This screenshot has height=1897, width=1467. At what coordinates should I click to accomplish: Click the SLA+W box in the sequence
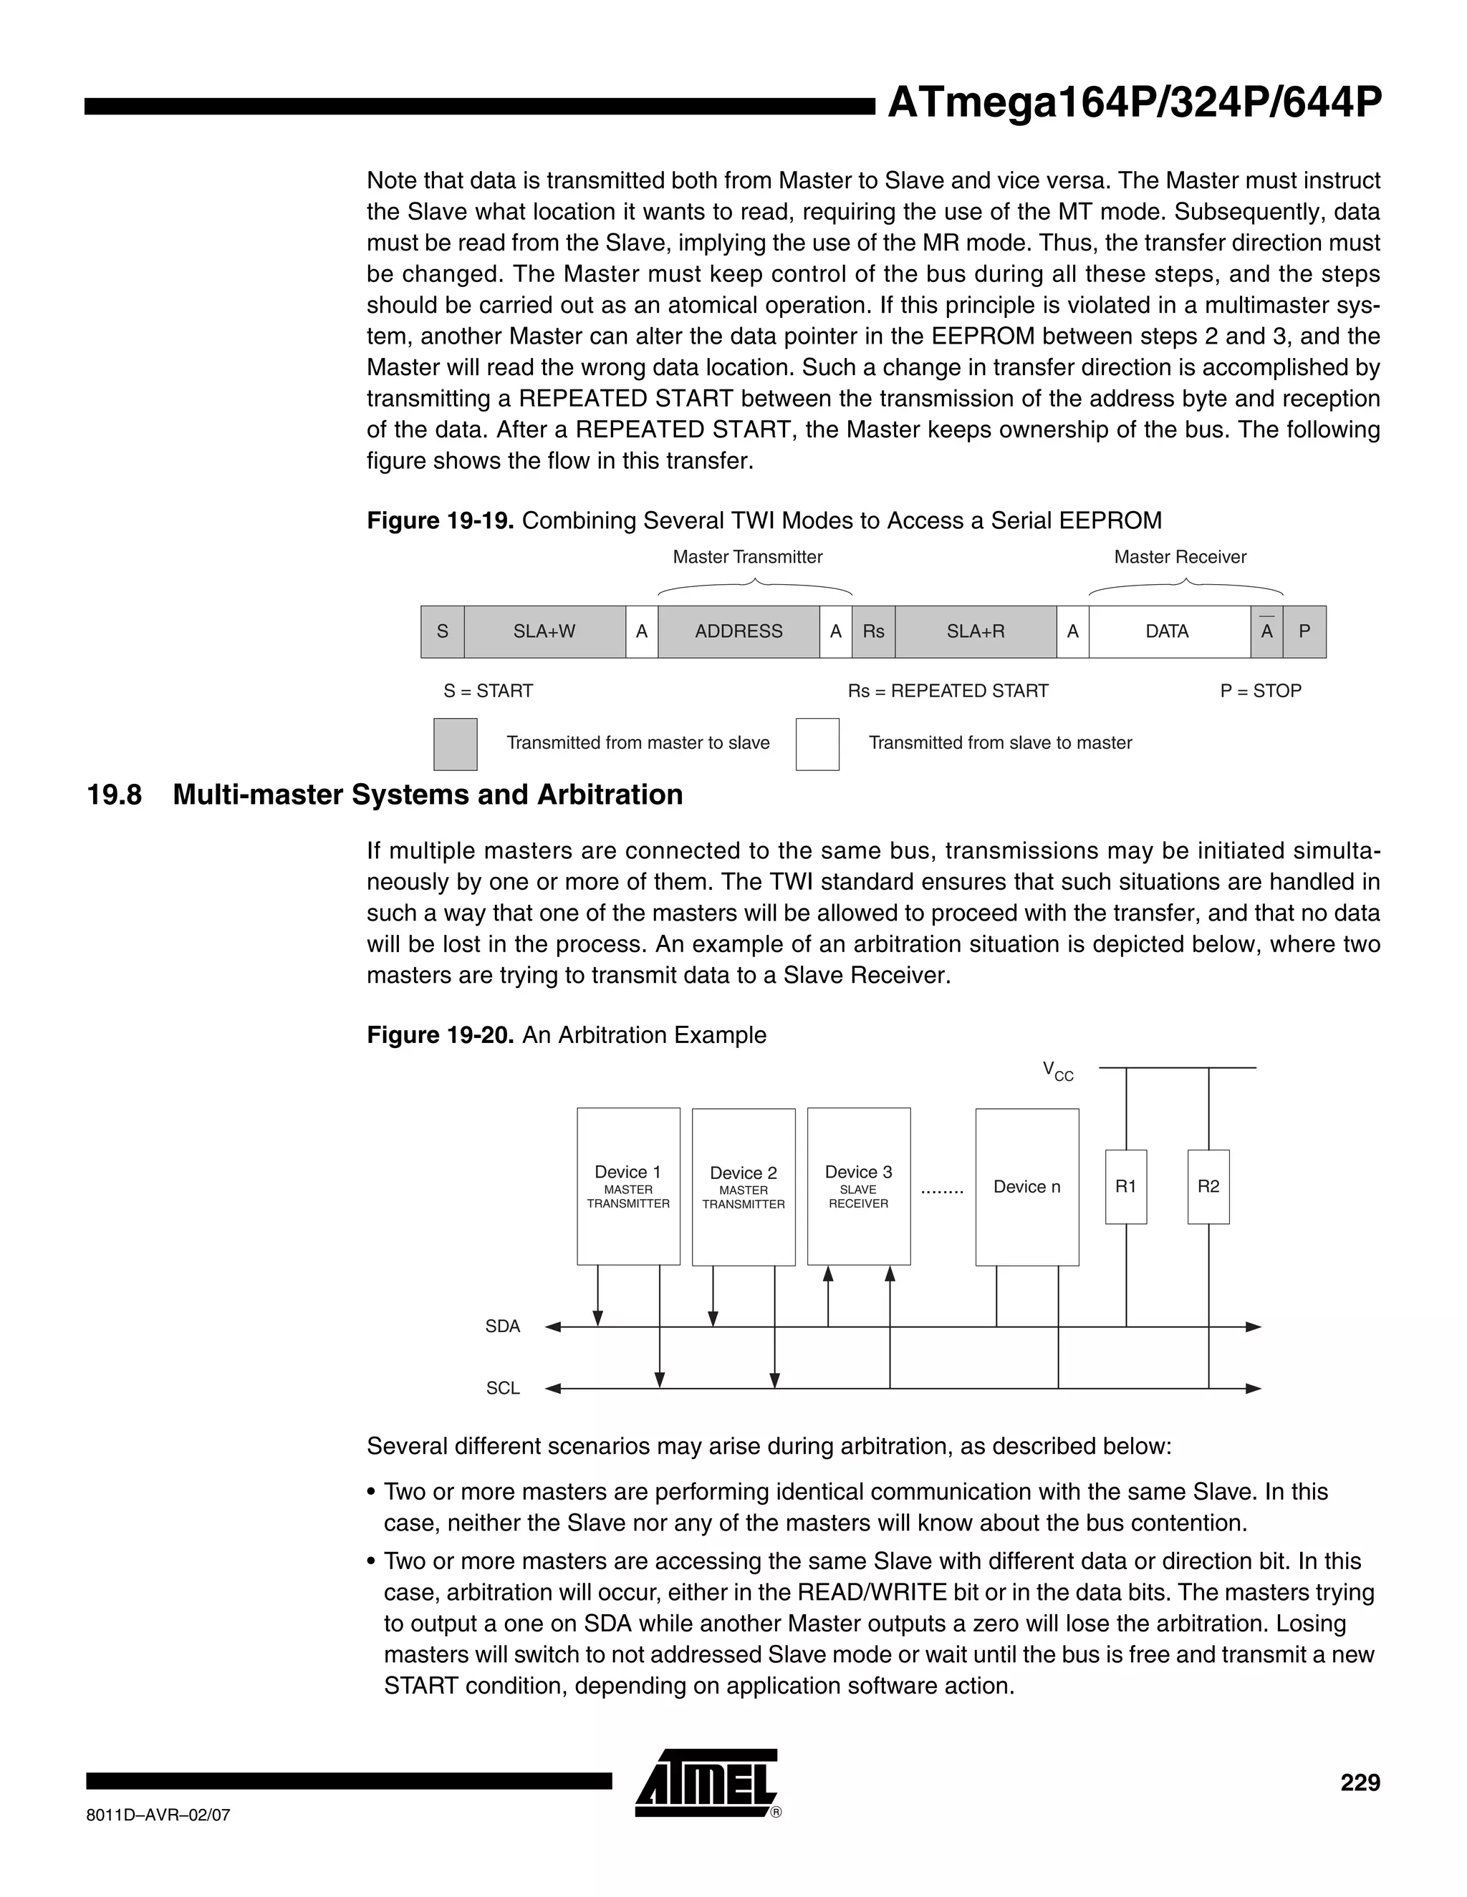pos(544,631)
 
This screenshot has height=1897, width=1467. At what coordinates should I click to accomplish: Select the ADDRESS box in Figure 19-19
pos(738,631)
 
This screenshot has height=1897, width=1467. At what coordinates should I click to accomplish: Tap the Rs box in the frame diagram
pos(872,631)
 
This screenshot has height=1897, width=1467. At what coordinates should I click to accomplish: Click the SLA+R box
pos(975,631)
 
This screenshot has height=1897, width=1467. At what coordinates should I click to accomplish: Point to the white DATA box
pos(1167,631)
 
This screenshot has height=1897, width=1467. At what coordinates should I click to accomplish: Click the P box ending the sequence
pos(1304,631)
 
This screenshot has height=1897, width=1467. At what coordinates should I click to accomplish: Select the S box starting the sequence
pos(443,631)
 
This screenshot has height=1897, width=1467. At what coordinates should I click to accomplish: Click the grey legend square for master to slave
pos(456,744)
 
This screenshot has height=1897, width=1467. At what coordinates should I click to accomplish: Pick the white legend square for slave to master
pos(817,744)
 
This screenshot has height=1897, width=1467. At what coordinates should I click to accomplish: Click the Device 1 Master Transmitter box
pos(628,1185)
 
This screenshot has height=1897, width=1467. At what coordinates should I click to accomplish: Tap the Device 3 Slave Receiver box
pos(859,1185)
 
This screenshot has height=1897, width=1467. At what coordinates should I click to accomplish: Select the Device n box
pos(1026,1186)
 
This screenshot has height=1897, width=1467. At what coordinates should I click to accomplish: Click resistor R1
pos(1125,1186)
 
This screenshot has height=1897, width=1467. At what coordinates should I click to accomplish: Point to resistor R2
pos(1208,1186)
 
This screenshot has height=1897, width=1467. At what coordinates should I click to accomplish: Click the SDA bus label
pos(502,1326)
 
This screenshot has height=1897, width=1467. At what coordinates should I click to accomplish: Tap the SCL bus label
pos(502,1388)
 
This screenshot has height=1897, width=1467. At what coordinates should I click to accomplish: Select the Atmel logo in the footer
pos(706,1783)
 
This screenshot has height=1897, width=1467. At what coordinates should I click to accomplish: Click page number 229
pos(1360,1782)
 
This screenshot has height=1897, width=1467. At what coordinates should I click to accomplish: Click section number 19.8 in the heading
pos(115,795)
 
